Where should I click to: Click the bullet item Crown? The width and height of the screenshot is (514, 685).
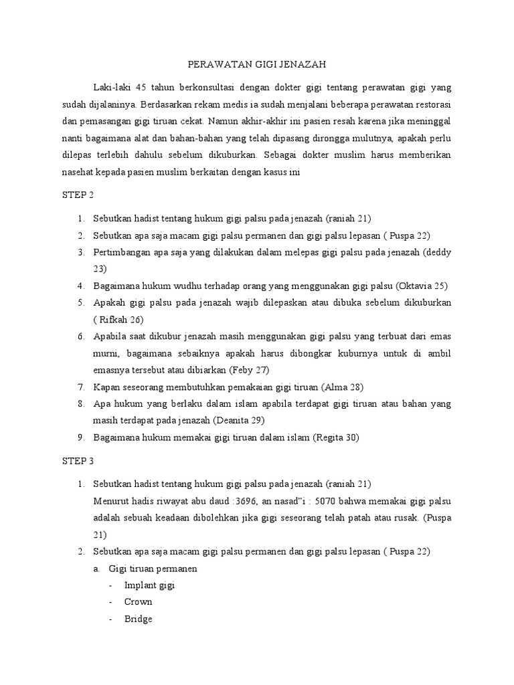tap(138, 601)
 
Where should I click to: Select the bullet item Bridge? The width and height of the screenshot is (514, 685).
tap(138, 619)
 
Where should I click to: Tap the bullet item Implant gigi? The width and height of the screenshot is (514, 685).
tap(149, 585)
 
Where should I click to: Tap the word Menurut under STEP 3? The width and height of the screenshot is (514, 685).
tap(112, 501)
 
